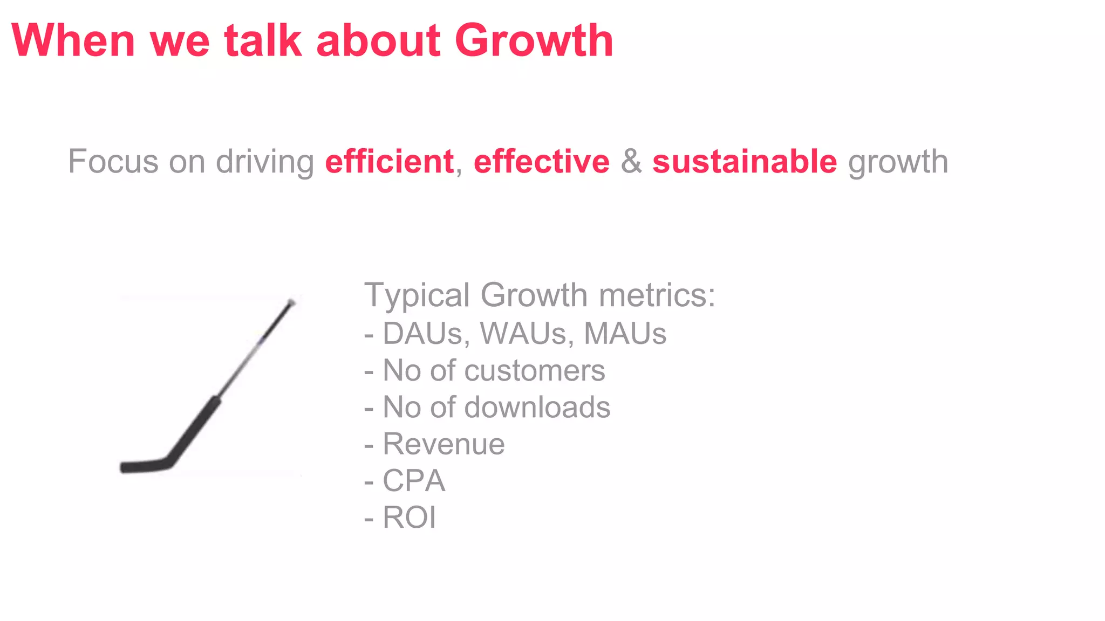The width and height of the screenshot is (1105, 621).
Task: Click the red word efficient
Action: [389, 162]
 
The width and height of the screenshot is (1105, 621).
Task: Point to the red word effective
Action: [541, 162]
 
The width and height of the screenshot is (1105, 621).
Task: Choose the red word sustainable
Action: [745, 162]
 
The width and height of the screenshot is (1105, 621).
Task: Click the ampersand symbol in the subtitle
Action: [631, 162]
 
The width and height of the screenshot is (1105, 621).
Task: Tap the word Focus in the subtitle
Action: [113, 162]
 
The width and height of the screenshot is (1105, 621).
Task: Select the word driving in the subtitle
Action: [264, 162]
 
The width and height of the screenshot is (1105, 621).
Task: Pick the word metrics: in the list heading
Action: [657, 295]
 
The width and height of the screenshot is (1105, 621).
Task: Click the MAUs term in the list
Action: [625, 333]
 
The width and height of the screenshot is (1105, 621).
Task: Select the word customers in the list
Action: [534, 371]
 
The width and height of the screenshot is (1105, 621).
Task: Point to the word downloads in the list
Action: [537, 408]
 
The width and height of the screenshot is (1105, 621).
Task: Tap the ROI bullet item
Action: [409, 517]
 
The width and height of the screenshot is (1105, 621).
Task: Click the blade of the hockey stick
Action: [143, 466]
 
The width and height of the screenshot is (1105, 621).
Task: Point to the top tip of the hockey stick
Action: [291, 302]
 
